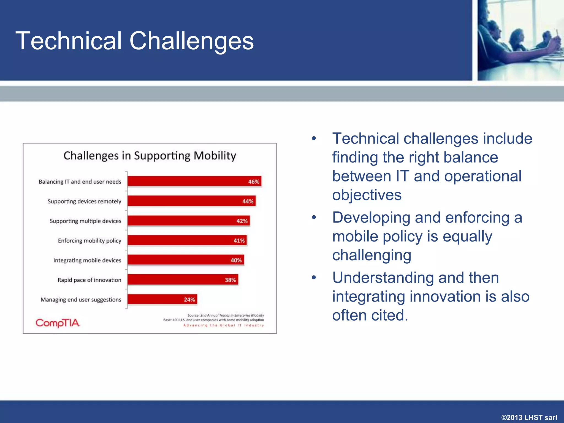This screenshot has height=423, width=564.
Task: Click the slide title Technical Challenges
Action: point(134,41)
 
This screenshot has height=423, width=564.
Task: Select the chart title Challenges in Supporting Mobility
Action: point(150,156)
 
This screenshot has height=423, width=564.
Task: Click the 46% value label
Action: point(253,182)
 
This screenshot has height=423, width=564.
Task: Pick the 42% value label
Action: point(242,221)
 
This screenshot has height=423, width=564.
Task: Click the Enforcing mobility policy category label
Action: point(90,241)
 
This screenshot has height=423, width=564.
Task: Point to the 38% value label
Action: point(230,280)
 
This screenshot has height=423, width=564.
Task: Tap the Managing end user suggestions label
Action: point(81,300)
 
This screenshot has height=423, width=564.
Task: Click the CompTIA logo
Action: point(58,323)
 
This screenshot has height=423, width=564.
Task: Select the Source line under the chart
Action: point(226,315)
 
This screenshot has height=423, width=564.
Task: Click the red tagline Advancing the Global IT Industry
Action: point(224,326)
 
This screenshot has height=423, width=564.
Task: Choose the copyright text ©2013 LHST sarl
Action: point(529,417)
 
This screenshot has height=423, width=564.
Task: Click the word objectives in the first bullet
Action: point(367,195)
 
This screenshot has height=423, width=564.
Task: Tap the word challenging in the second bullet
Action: point(372,255)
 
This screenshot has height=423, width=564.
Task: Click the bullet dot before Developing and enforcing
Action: point(314,218)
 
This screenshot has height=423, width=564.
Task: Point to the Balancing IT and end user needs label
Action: point(80,182)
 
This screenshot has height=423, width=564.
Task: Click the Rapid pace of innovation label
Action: point(89,280)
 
